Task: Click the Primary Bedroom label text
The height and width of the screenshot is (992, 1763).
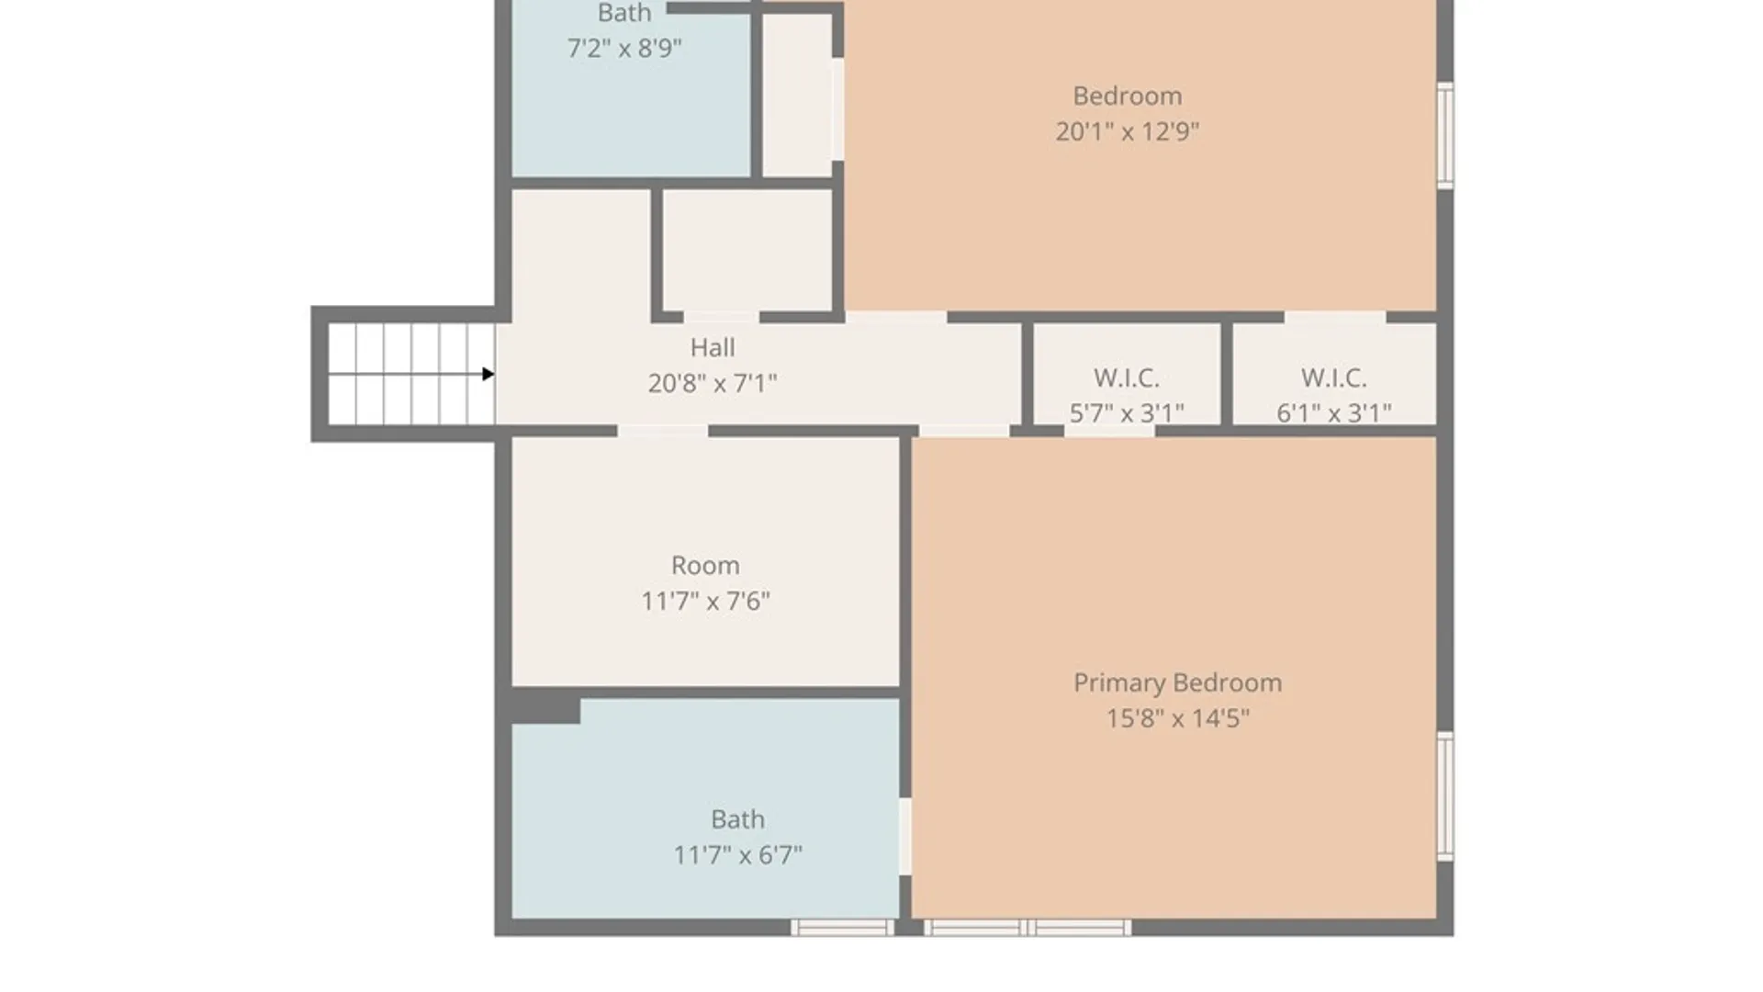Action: (x=1177, y=682)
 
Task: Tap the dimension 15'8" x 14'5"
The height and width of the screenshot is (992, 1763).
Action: (x=1177, y=718)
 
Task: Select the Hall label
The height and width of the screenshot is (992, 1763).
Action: (x=713, y=347)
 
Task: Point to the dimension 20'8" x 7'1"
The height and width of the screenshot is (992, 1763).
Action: (x=713, y=383)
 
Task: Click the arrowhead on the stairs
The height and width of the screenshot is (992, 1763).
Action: (x=488, y=374)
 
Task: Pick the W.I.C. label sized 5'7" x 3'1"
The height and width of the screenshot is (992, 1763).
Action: (x=1127, y=378)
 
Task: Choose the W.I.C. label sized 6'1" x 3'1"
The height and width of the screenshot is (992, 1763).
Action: (x=1333, y=378)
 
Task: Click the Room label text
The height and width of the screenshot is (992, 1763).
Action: (x=705, y=565)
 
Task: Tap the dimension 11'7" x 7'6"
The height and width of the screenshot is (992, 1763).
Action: (x=705, y=601)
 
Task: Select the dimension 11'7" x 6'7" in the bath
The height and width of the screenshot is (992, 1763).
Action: (x=737, y=855)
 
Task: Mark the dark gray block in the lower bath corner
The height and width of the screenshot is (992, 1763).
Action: (x=545, y=708)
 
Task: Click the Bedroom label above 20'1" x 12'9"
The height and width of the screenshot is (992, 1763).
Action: (x=1127, y=96)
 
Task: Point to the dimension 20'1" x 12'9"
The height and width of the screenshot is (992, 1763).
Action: (x=1127, y=131)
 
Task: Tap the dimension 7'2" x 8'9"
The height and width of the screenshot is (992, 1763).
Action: (x=624, y=48)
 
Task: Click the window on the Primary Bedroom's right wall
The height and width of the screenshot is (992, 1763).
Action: (x=1444, y=796)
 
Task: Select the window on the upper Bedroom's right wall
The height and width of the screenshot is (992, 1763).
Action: (x=1444, y=135)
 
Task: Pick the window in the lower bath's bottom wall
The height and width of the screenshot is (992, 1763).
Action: (x=843, y=928)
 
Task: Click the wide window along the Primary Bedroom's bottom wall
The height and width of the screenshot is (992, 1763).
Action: (x=1027, y=928)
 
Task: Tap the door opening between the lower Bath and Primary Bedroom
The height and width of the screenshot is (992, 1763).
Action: (x=905, y=836)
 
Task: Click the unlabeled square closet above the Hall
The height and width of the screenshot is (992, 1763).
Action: (x=747, y=250)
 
